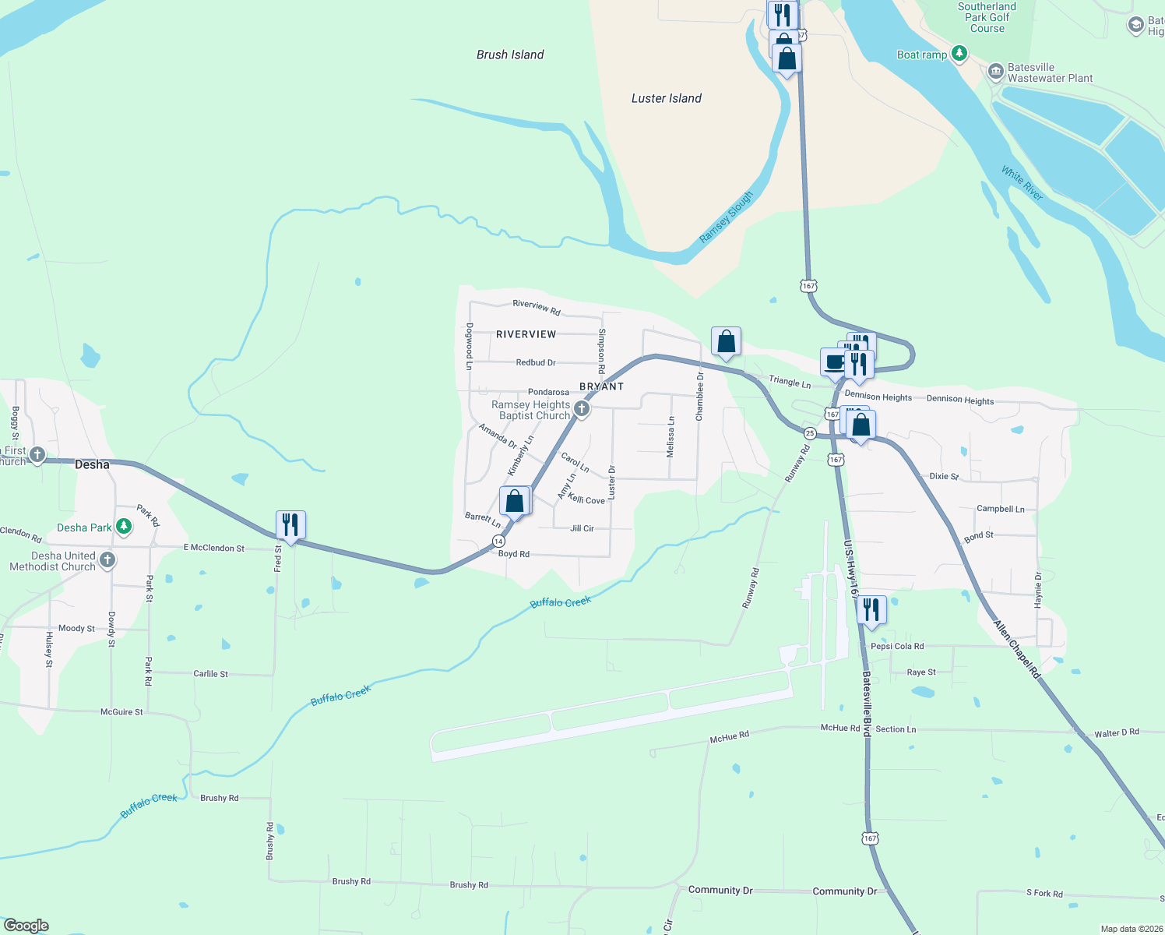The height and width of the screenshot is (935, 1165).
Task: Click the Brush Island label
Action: click(x=510, y=55)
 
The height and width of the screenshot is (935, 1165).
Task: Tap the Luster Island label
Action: click(x=666, y=98)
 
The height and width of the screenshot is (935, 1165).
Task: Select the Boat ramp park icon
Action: click(x=960, y=54)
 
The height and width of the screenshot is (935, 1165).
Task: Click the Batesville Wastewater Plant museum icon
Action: click(x=995, y=72)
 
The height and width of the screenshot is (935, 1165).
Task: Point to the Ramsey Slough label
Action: click(x=726, y=217)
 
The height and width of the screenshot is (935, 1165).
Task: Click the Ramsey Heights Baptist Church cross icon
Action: click(x=581, y=408)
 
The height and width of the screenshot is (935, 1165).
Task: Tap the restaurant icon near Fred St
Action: click(x=290, y=525)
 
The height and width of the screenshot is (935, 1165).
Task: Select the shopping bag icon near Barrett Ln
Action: click(x=514, y=500)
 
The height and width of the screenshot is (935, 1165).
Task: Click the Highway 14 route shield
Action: click(x=498, y=541)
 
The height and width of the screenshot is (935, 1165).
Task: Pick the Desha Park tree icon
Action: click(x=124, y=527)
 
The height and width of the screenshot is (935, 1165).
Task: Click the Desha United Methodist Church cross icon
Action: click(x=107, y=560)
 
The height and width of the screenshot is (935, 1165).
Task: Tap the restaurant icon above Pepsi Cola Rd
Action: click(x=871, y=610)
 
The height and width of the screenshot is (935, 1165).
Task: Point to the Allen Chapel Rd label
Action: click(x=1017, y=649)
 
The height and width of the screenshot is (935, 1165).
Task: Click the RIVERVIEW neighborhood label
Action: click(x=526, y=334)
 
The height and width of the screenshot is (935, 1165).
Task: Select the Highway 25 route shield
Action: click(x=810, y=433)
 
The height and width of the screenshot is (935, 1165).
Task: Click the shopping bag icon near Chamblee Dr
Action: click(x=726, y=341)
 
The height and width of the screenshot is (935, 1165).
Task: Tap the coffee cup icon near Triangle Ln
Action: click(x=835, y=362)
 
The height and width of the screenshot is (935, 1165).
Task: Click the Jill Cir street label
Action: click(x=582, y=528)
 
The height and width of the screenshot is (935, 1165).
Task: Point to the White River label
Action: click(x=1022, y=184)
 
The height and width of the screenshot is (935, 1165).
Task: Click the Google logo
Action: click(x=26, y=926)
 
